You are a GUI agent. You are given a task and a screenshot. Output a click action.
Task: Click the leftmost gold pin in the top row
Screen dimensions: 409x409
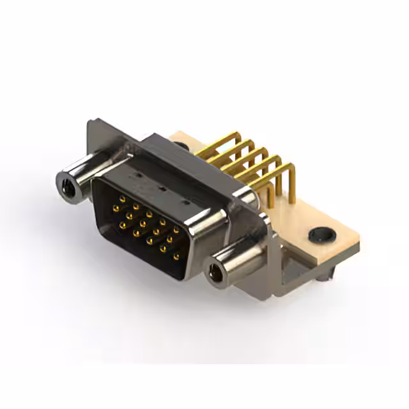click(122, 199)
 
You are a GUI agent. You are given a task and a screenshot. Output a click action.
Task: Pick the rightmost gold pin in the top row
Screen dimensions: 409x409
click(176, 229)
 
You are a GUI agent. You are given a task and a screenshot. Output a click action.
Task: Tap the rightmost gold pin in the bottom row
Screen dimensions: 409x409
click(176, 256)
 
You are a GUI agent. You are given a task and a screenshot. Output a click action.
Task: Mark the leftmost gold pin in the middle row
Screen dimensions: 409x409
click(116, 208)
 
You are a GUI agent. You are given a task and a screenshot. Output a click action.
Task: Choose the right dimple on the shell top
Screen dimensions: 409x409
click(186, 203)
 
